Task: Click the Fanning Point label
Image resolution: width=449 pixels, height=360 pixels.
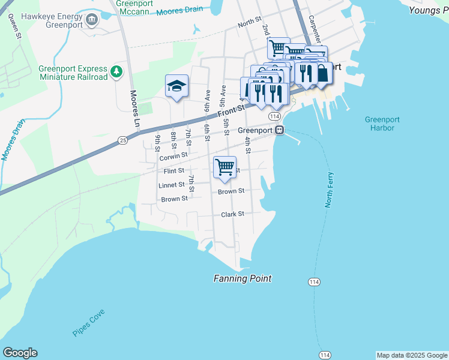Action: (x=243, y=278)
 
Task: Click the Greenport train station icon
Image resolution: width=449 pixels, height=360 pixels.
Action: (x=279, y=130)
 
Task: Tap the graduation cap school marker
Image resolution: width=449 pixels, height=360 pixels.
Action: (x=176, y=86)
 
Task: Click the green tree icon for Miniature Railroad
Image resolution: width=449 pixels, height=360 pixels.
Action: (x=116, y=73)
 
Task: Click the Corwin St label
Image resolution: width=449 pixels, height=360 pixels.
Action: (x=174, y=157)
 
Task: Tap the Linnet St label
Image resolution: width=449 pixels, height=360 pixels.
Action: (x=172, y=185)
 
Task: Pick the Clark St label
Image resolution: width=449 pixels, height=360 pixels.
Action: (x=232, y=214)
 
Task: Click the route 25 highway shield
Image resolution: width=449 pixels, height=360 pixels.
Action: (x=122, y=140)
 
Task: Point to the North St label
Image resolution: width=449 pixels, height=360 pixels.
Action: (x=249, y=24)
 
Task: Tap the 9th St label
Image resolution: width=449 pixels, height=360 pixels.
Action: (x=157, y=143)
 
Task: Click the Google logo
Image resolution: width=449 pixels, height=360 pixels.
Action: (x=20, y=353)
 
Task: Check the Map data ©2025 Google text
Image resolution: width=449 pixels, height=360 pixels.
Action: (x=411, y=355)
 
